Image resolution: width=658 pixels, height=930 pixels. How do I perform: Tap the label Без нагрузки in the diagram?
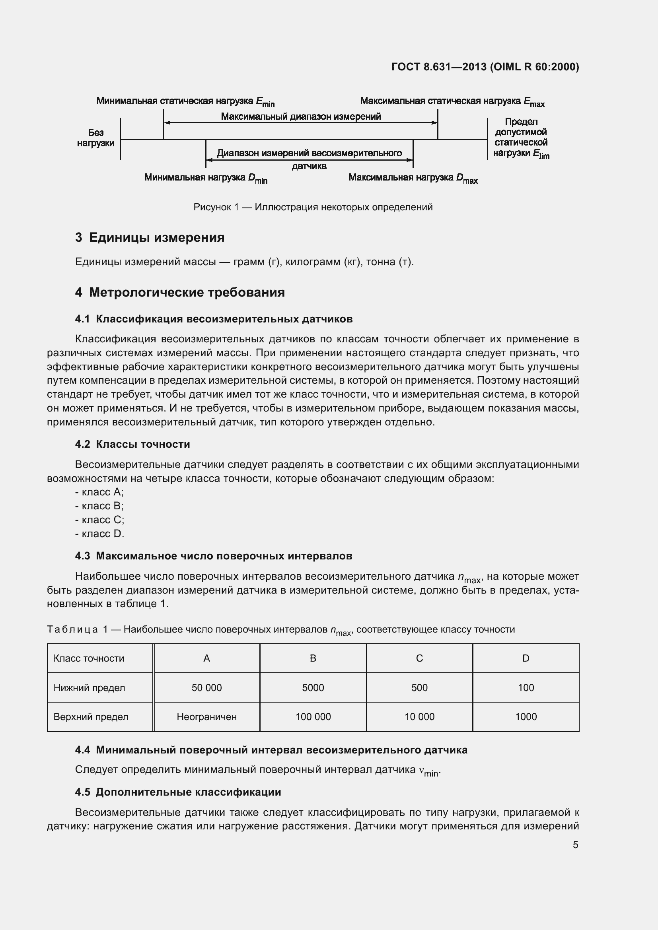pos(95,138)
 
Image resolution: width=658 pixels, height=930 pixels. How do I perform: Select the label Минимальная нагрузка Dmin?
pos(205,178)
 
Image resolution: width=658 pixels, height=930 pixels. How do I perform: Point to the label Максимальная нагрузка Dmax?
pos(413,178)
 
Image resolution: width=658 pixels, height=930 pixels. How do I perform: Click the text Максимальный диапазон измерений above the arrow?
pos(301,116)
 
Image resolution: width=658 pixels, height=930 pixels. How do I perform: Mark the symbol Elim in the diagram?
pos(541,154)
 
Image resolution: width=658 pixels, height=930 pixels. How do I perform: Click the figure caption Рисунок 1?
pos(313,208)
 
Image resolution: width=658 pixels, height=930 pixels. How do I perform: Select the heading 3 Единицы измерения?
pos(150,237)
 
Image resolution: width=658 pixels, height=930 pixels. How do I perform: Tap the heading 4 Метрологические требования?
pos(180,293)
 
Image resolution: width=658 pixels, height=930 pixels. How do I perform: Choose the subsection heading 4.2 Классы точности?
pos(132,445)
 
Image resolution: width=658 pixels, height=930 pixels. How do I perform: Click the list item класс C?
pos(100,520)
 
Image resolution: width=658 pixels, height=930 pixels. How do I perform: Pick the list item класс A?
pos(100,492)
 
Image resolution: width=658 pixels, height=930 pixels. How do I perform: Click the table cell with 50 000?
pos(206,688)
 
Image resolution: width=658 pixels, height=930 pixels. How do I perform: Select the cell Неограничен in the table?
pos(206,717)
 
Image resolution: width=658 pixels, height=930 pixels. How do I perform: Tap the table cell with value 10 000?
pos(419,717)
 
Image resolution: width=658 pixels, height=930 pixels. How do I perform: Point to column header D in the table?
pos(526,658)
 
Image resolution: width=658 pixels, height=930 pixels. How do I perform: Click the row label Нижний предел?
pos(89,688)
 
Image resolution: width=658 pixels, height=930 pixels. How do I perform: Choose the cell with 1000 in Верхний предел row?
pos(526,717)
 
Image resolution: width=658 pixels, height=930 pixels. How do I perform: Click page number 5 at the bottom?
pos(575,845)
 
